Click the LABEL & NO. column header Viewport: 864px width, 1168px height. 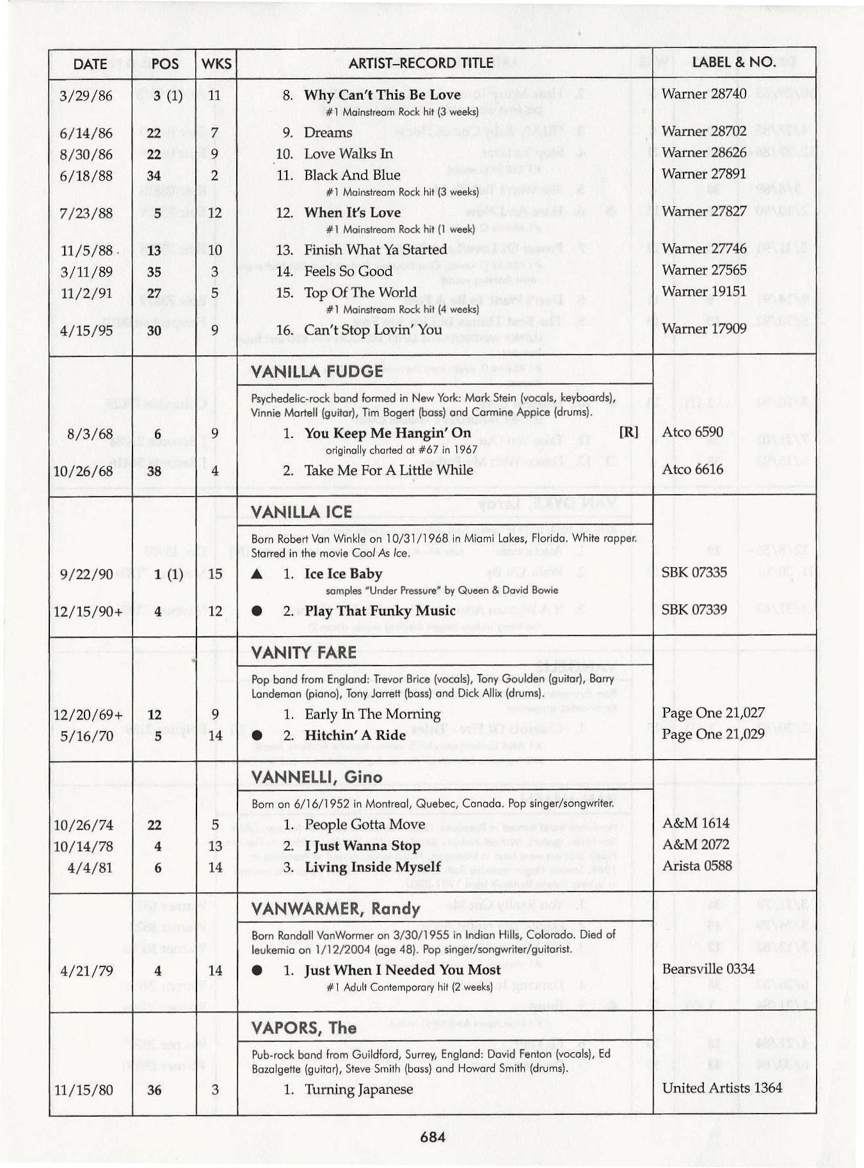coord(733,63)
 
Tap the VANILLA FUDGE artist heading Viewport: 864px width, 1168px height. coord(317,371)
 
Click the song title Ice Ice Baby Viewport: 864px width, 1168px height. coord(343,573)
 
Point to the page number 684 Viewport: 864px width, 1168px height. coord(433,1137)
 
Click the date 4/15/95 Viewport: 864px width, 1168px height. coord(85,331)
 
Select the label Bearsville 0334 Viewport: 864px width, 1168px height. coord(708,969)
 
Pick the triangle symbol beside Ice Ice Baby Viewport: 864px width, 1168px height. coord(257,574)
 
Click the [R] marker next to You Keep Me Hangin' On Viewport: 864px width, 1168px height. coord(628,432)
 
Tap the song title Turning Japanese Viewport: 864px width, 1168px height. coord(358,1089)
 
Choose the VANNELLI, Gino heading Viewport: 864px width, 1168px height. coord(317,777)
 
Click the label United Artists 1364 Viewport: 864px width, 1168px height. coord(721,1088)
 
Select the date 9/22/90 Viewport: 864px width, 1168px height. coord(85,574)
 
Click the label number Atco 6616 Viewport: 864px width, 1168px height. coord(692,469)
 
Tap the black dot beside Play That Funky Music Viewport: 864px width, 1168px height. coord(257,611)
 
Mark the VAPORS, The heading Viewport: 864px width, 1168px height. coord(303,1028)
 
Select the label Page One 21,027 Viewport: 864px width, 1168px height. coord(712,713)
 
